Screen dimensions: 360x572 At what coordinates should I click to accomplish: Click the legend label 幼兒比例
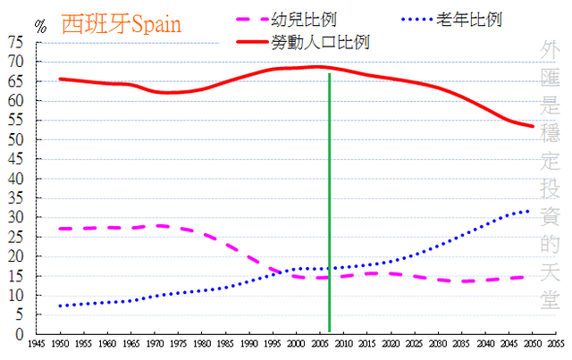pyautogui.click(x=308, y=19)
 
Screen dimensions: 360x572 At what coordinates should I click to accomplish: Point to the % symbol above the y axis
pyautogui.click(x=39, y=25)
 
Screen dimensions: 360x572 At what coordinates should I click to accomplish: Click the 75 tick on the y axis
pyautogui.click(x=16, y=42)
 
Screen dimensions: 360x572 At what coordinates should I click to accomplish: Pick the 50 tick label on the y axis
pyautogui.click(x=16, y=139)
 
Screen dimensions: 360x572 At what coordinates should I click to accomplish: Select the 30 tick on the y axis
pyautogui.click(x=16, y=217)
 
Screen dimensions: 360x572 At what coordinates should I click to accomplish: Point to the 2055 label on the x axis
pyautogui.click(x=555, y=343)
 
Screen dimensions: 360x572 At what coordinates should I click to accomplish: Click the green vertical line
pyautogui.click(x=330, y=205)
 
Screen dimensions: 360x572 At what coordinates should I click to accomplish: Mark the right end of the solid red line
pyautogui.click(x=533, y=127)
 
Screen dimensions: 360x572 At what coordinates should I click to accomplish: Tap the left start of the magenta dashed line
pyautogui.click(x=60, y=229)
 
